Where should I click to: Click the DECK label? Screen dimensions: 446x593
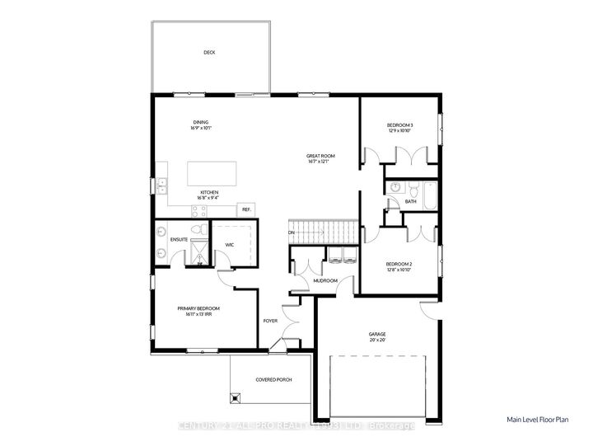tap(209, 53)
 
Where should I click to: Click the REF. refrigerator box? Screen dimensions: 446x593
tap(245, 209)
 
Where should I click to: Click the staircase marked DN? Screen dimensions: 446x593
tap(320, 232)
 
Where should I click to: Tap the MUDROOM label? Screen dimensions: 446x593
tap(325, 281)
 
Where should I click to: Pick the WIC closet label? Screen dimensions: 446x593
tap(231, 244)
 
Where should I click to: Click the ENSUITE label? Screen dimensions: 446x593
tap(180, 240)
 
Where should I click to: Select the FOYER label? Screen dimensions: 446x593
tap(269, 321)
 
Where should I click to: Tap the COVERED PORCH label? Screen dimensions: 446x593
tap(273, 379)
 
